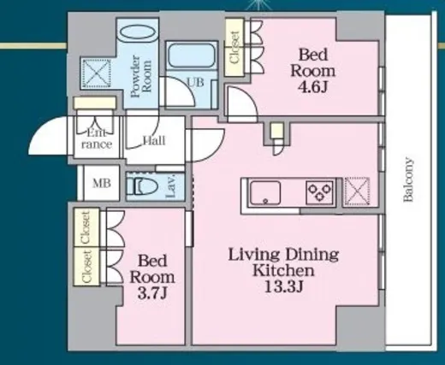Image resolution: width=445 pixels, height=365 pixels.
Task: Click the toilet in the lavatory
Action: (x=142, y=185)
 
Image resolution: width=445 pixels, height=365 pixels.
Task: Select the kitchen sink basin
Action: (x=264, y=192)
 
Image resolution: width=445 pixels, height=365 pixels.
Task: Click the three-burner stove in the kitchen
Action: (x=319, y=192)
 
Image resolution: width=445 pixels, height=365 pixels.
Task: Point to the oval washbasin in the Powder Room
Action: (x=138, y=33)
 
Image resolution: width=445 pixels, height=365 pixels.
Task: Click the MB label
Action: (x=102, y=183)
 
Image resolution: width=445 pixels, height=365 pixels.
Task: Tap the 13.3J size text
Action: (x=283, y=286)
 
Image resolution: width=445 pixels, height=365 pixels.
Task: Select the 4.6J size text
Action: (x=312, y=87)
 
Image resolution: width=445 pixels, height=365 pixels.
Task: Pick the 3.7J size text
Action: (x=151, y=293)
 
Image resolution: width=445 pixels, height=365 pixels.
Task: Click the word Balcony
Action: (x=408, y=180)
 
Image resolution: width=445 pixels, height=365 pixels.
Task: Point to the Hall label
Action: (x=154, y=140)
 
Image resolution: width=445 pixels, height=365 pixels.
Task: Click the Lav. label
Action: (x=170, y=186)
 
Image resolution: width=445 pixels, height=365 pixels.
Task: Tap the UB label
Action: (x=195, y=82)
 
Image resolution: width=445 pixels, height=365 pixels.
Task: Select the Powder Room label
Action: (x=140, y=76)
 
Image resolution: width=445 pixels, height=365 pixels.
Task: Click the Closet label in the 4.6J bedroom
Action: (x=234, y=47)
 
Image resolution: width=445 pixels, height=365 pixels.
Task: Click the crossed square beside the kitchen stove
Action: (x=357, y=191)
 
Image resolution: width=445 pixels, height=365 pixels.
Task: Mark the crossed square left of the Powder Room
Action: (x=96, y=74)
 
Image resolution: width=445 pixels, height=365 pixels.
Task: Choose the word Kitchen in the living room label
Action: (x=283, y=271)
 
